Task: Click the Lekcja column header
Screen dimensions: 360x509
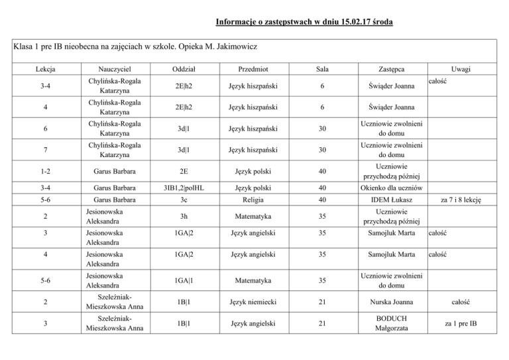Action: tap(46, 69)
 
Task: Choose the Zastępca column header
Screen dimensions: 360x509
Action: tap(392, 69)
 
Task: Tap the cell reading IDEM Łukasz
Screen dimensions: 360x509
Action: tap(392, 200)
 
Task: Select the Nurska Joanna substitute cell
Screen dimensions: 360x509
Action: tap(392, 302)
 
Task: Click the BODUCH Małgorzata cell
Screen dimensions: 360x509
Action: tap(392, 324)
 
